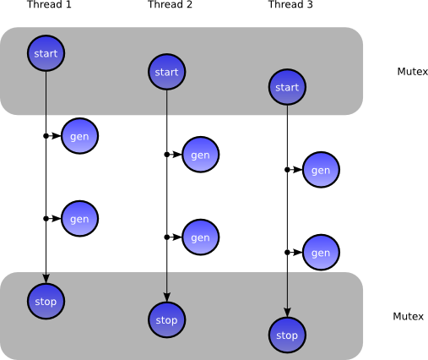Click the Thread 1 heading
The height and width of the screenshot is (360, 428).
point(49,5)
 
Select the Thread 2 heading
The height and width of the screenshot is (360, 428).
point(170,5)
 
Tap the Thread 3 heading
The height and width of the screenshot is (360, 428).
point(290,5)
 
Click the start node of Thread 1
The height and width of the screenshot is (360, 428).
point(46,53)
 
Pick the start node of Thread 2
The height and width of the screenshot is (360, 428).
point(166,72)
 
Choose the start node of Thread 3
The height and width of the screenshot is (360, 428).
point(287,87)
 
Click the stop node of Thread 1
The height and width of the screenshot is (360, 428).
point(46,302)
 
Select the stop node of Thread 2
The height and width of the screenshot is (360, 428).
point(166,319)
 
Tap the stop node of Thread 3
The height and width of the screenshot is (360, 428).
point(287,335)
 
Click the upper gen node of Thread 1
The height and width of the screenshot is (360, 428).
point(79,136)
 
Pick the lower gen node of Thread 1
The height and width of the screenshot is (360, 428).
point(79,219)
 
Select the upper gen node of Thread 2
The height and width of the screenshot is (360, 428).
point(200,155)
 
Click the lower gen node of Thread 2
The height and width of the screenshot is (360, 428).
point(200,237)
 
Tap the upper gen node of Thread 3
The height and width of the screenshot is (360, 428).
point(321,170)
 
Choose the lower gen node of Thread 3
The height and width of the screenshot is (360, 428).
point(321,253)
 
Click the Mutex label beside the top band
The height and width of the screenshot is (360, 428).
point(412,72)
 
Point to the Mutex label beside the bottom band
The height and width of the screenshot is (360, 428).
point(408,316)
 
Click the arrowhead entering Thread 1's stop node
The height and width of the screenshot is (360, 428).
point(46,279)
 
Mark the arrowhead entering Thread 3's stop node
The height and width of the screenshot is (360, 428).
point(287,312)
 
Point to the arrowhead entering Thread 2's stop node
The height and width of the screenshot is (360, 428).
point(166,297)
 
